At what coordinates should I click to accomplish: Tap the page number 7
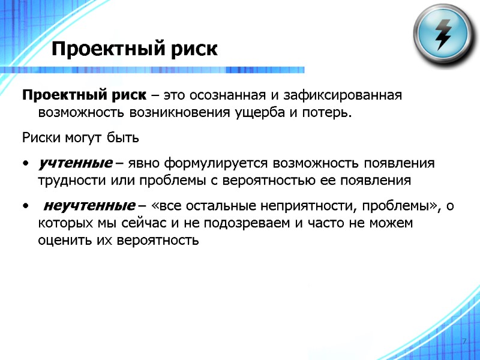click(464, 341)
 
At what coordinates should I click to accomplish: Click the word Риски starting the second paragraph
click(39, 137)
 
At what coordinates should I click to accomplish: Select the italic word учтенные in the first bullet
click(76, 163)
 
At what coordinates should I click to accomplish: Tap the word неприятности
click(306, 206)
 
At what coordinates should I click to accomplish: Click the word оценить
click(61, 241)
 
